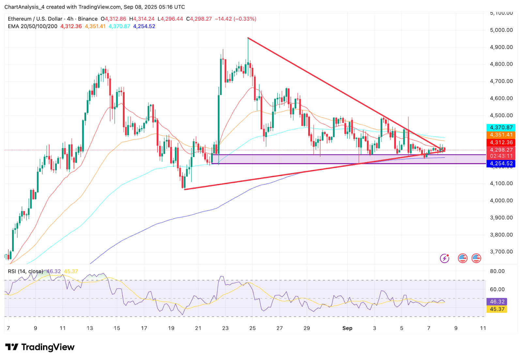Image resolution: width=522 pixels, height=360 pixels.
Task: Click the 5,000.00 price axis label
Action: coord(501,30)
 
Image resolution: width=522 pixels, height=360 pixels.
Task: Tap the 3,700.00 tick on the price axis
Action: coord(501,252)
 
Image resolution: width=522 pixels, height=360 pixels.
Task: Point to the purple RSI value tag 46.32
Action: coord(497,302)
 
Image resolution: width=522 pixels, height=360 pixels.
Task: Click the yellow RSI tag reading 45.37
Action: coord(497,309)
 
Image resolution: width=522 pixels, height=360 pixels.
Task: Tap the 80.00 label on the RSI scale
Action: coord(497,271)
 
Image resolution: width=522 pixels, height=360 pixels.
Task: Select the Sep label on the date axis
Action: coord(347,328)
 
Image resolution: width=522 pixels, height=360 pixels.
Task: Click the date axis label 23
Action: coord(225,328)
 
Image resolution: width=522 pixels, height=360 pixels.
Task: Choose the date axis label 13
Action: coord(90,328)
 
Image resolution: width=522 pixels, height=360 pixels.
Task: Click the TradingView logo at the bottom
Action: coord(40,347)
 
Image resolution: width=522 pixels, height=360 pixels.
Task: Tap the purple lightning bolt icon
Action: coord(444,258)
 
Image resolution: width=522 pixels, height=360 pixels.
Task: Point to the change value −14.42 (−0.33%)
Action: coord(235,19)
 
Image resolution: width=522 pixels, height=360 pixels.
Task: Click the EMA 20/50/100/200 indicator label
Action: coord(33,26)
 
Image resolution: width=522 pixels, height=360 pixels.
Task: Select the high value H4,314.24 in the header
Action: coord(142,19)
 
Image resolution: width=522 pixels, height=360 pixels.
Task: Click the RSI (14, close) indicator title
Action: coord(25,272)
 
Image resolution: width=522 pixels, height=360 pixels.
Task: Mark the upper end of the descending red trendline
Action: coord(248,38)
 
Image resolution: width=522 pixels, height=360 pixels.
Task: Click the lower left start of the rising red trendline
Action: coord(185,189)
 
